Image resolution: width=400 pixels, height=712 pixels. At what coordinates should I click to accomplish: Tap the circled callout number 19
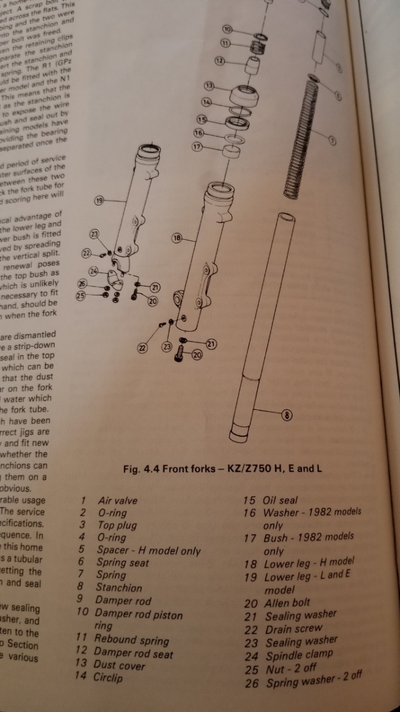point(100,201)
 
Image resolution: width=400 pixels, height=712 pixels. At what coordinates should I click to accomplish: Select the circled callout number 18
point(177,238)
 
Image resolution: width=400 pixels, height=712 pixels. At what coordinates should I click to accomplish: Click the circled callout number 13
point(209,87)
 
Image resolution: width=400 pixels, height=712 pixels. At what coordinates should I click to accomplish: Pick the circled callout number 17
point(197,146)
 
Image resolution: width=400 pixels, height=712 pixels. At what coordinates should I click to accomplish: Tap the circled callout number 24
point(93,272)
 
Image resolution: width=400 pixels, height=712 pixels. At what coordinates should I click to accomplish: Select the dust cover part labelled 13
point(243,95)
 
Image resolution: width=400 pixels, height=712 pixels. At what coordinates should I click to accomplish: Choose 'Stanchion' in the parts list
point(119,588)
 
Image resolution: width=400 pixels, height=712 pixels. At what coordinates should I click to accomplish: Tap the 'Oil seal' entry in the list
point(280,500)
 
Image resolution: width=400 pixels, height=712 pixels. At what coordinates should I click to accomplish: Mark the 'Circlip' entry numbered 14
point(108,677)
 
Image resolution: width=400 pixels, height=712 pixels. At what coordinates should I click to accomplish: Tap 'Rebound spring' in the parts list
point(131,640)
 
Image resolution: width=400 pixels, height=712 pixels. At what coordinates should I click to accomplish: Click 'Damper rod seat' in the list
point(134,654)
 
